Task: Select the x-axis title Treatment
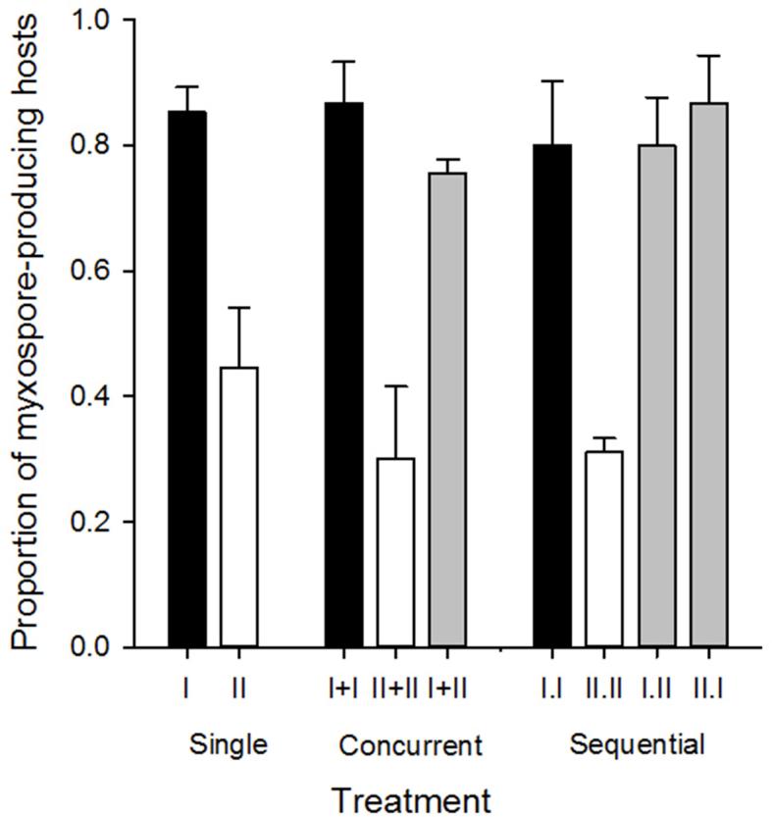[x=410, y=798]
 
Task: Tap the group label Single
[x=228, y=744]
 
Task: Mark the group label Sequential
[x=638, y=744]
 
